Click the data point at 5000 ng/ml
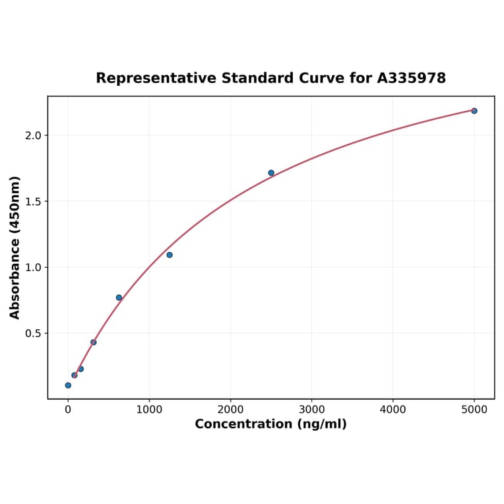(474, 111)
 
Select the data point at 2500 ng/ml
(271, 173)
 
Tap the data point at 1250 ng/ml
(170, 255)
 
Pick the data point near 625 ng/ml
(119, 298)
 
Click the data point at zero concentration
(68, 385)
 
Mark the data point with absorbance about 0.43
(94, 342)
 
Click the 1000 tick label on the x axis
(149, 410)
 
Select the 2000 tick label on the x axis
(230, 410)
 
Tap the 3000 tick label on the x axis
(311, 410)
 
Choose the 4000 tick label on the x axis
(393, 410)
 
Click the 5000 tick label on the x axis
(474, 410)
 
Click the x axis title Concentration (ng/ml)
(270, 424)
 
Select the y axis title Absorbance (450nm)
(15, 247)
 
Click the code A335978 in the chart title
(411, 79)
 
